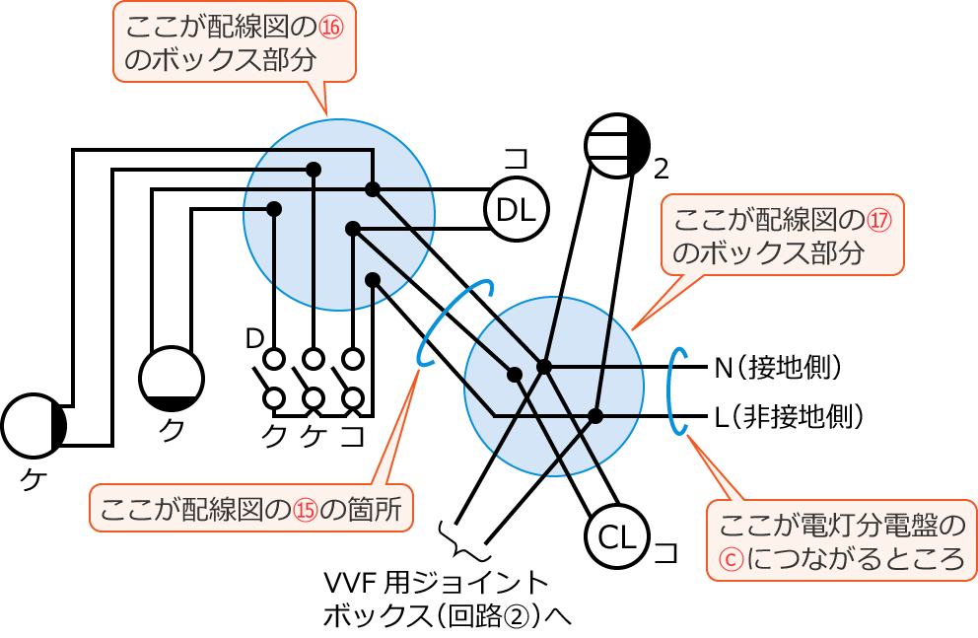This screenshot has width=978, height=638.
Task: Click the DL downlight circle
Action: point(516,209)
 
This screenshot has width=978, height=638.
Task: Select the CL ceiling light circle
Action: point(617,536)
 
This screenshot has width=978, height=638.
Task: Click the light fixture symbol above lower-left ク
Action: point(172,378)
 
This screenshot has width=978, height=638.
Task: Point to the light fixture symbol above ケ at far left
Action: point(34,425)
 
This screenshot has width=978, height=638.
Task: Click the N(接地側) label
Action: point(780,367)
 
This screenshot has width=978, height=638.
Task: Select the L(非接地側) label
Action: point(790,416)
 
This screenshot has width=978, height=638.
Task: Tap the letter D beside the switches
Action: point(253,338)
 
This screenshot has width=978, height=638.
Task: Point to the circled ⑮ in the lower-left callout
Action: point(307,510)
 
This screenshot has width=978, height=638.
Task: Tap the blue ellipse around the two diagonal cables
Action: point(455,322)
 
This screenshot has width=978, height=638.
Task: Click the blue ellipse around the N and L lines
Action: point(678,390)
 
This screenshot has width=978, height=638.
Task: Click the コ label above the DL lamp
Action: point(516,159)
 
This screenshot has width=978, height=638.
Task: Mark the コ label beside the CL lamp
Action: point(667,552)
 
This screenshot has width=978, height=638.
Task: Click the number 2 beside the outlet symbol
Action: point(662,170)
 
